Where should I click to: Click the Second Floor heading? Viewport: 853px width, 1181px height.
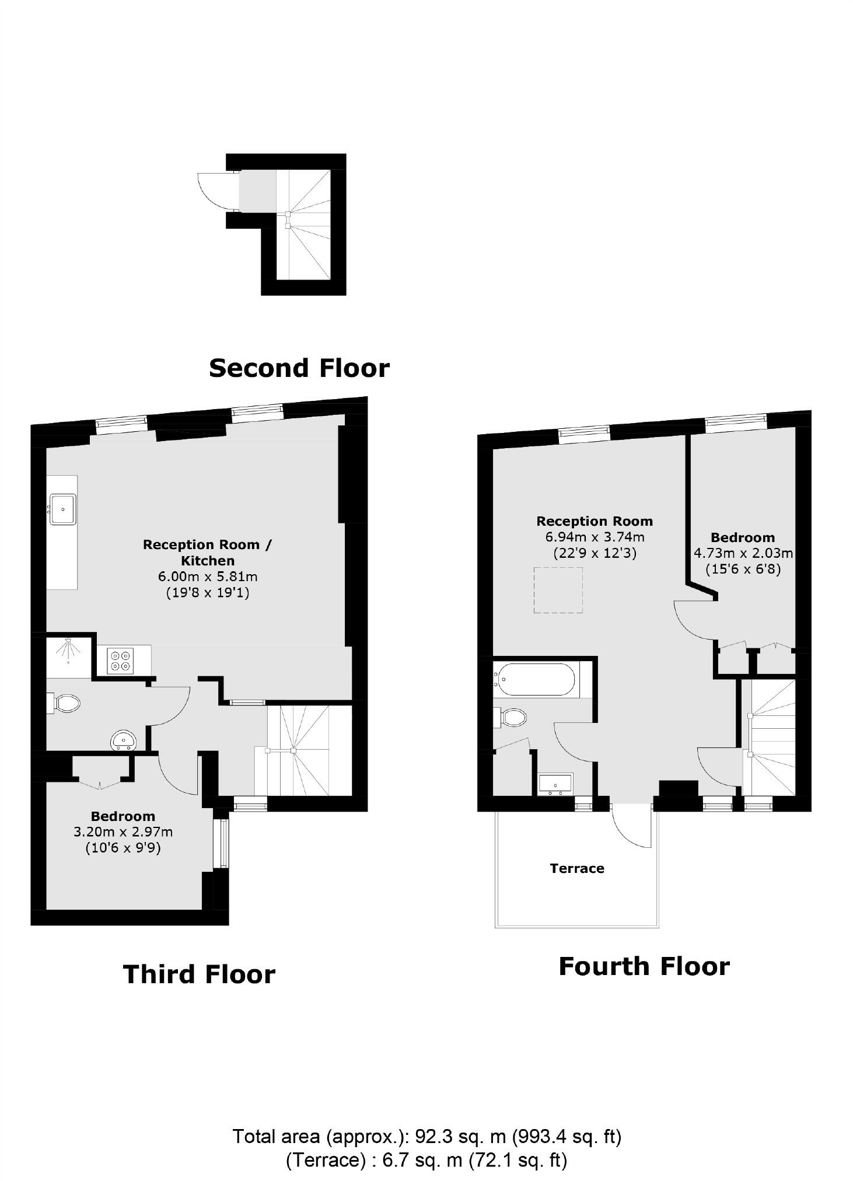click(299, 368)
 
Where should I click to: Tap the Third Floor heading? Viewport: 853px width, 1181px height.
click(199, 974)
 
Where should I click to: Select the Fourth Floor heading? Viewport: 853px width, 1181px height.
click(644, 966)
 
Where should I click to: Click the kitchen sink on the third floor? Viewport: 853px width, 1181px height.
click(62, 509)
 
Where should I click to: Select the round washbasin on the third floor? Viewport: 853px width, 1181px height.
click(124, 740)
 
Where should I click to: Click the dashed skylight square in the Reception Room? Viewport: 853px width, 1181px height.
click(558, 590)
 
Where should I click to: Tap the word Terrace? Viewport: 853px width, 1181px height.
click(576, 868)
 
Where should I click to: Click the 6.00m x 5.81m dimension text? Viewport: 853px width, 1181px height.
click(208, 576)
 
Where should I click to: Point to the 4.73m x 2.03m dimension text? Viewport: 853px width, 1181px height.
click(743, 553)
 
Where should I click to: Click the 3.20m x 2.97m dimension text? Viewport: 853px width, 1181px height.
click(123, 832)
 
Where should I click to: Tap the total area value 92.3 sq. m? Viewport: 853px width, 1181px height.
click(460, 1137)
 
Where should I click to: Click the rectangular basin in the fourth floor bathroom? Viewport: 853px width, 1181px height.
click(555, 784)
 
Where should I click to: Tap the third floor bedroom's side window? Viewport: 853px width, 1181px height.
click(222, 843)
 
